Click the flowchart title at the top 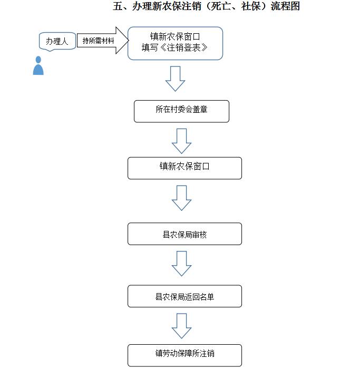tap(206, 6)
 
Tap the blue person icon tap(38, 66)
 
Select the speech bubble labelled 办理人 tap(57, 42)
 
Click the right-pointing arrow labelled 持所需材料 tap(103, 41)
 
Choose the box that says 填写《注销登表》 tap(175, 43)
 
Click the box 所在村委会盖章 tap(181, 111)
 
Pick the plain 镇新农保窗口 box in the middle tap(184, 168)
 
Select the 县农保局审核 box tap(184, 234)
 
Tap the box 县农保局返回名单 tap(184, 296)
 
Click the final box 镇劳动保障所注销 tap(184, 355)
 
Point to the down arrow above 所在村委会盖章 tap(176, 79)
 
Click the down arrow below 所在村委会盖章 tap(181, 141)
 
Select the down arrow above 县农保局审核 tap(181, 198)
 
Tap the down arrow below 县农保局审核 tap(181, 264)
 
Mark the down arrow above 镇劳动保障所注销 tap(181, 326)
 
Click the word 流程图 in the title tap(285, 6)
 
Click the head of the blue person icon tap(38, 60)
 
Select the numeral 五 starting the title tap(118, 6)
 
